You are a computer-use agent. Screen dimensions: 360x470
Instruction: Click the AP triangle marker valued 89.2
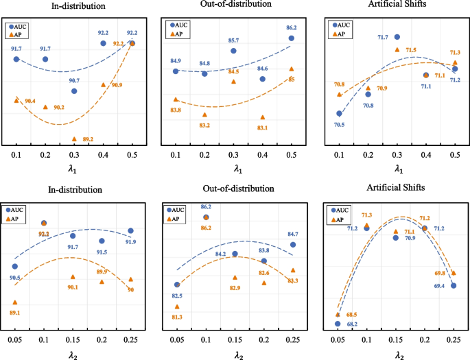coord(74,139)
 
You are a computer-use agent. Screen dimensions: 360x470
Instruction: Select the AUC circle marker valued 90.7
coord(74,91)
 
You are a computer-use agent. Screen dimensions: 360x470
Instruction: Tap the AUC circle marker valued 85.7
coord(233,51)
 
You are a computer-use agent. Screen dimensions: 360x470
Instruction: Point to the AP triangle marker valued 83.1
coord(263,117)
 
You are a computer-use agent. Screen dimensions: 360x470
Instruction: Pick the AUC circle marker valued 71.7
coord(397,37)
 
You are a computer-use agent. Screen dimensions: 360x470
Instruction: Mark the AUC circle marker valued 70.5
coord(339,114)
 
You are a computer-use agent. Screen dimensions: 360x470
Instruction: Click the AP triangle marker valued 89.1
coord(15,302)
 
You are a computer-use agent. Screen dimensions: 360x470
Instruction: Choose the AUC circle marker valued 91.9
coord(131,231)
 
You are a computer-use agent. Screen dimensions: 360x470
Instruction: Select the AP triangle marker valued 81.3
coord(177,307)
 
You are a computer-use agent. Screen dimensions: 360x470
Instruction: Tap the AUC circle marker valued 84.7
coord(293,245)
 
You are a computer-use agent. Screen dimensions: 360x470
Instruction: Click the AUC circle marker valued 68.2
coord(338,324)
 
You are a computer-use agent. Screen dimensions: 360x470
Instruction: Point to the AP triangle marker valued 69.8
coord(454,273)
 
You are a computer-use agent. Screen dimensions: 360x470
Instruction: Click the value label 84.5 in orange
coord(233,71)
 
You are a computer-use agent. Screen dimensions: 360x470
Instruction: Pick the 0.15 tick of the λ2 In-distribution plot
coord(73,339)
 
